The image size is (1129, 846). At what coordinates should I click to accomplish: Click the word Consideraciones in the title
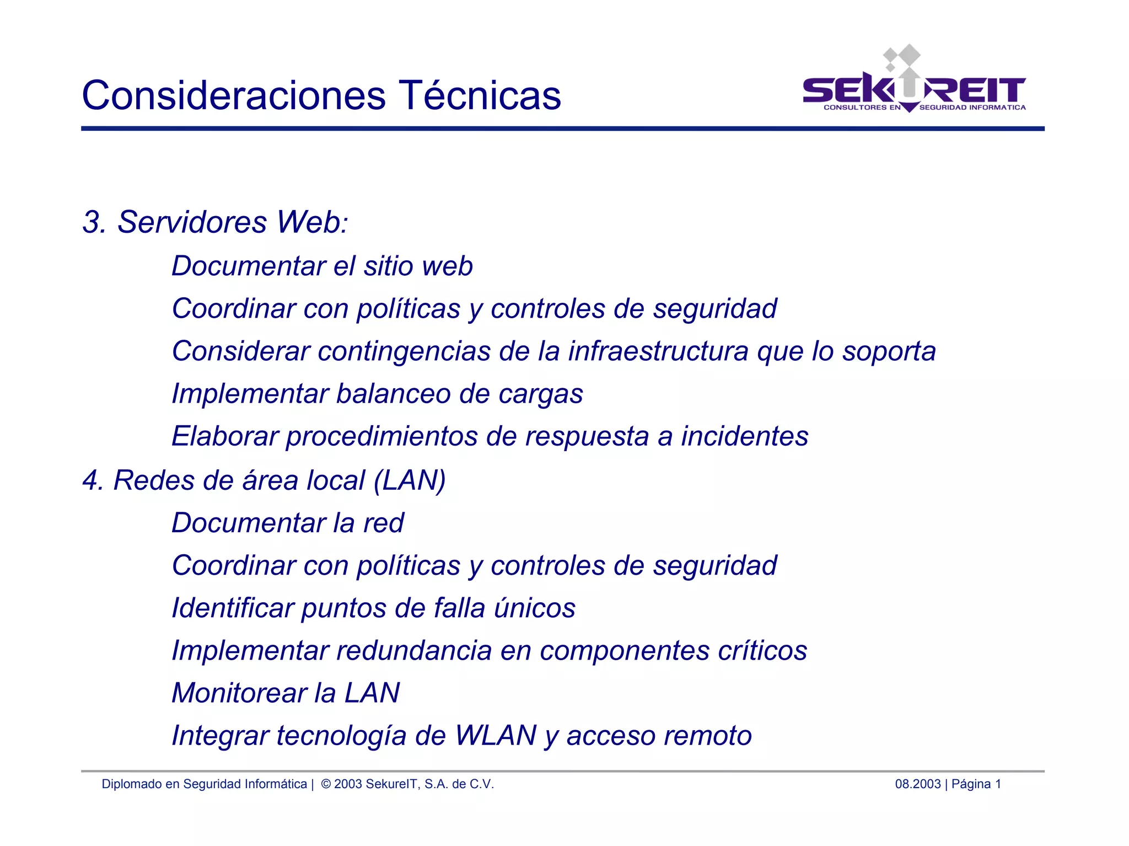point(234,95)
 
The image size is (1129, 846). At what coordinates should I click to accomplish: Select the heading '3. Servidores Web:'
point(215,222)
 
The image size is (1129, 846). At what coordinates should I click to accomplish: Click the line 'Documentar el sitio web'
point(322,266)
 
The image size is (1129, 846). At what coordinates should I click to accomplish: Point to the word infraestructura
point(658,351)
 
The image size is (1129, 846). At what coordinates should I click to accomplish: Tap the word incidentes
point(744,436)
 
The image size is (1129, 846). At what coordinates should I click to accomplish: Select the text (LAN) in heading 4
point(410,480)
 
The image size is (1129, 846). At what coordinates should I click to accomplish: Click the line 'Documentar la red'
point(288,523)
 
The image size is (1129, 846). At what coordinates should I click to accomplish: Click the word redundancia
point(413,651)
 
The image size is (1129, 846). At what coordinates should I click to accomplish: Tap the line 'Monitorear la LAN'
point(286,693)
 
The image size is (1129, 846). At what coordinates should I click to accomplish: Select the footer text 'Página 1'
point(976,784)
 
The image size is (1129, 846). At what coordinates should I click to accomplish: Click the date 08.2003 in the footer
point(917,784)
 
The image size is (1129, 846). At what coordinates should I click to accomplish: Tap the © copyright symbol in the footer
point(326,784)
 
